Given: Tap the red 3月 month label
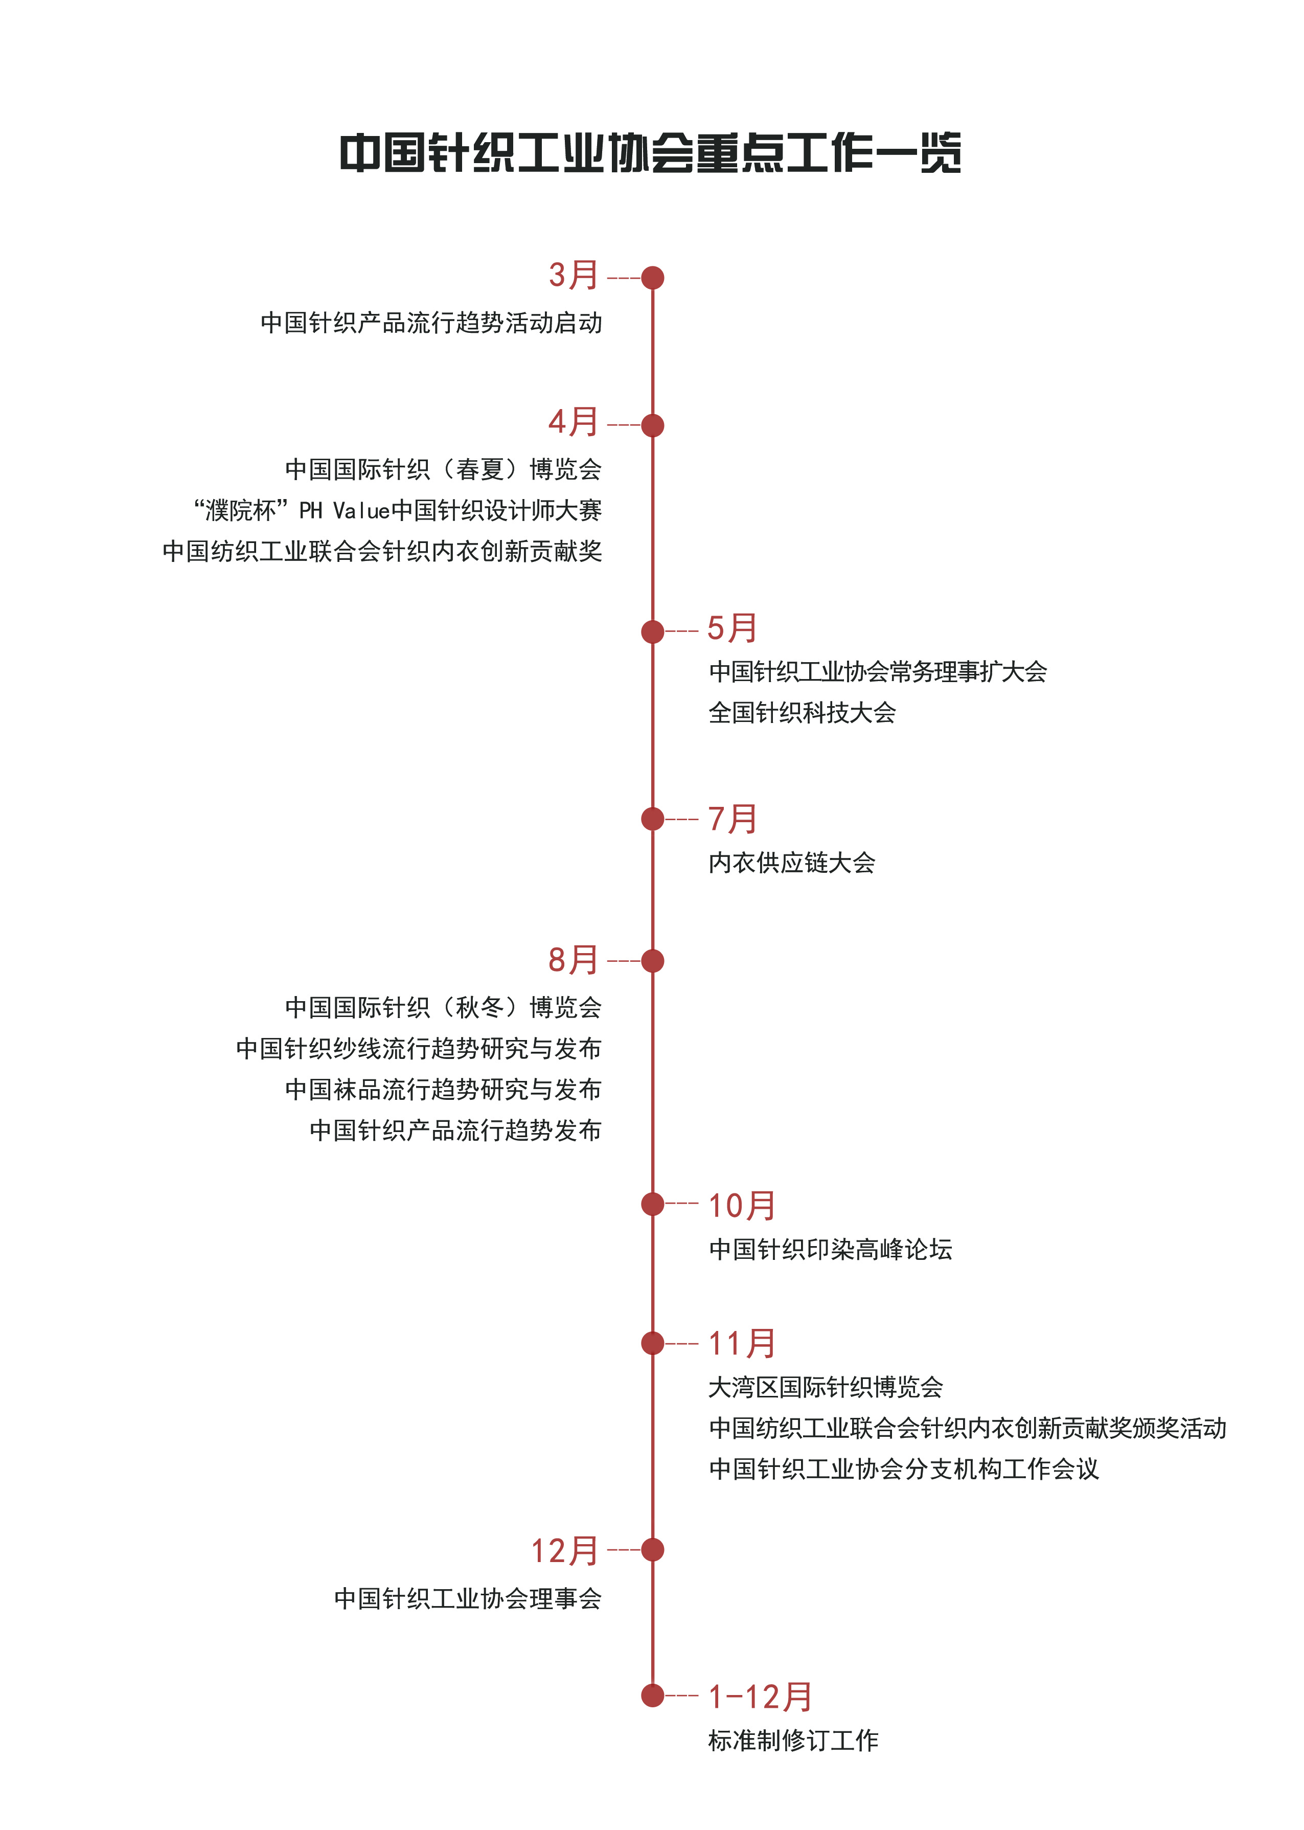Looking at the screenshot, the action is (x=574, y=276).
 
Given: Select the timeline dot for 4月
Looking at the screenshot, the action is (x=653, y=425).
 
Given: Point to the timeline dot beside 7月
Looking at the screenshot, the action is (x=653, y=819).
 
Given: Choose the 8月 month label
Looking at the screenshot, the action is (x=574, y=960).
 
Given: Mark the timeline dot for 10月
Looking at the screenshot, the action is (x=653, y=1204).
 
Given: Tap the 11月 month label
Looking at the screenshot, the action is (x=741, y=1343).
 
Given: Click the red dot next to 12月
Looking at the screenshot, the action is (x=653, y=1550).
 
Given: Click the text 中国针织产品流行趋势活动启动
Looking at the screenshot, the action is (x=431, y=323).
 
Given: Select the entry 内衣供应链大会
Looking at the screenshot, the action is (x=792, y=863).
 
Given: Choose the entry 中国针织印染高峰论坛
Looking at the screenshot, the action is (x=830, y=1249).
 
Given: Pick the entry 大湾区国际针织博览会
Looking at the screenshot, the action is (x=826, y=1387).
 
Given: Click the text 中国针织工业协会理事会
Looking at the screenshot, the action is (x=468, y=1598).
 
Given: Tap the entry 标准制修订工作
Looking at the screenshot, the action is (x=793, y=1740).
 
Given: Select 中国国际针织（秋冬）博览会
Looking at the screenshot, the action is (x=443, y=1007).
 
